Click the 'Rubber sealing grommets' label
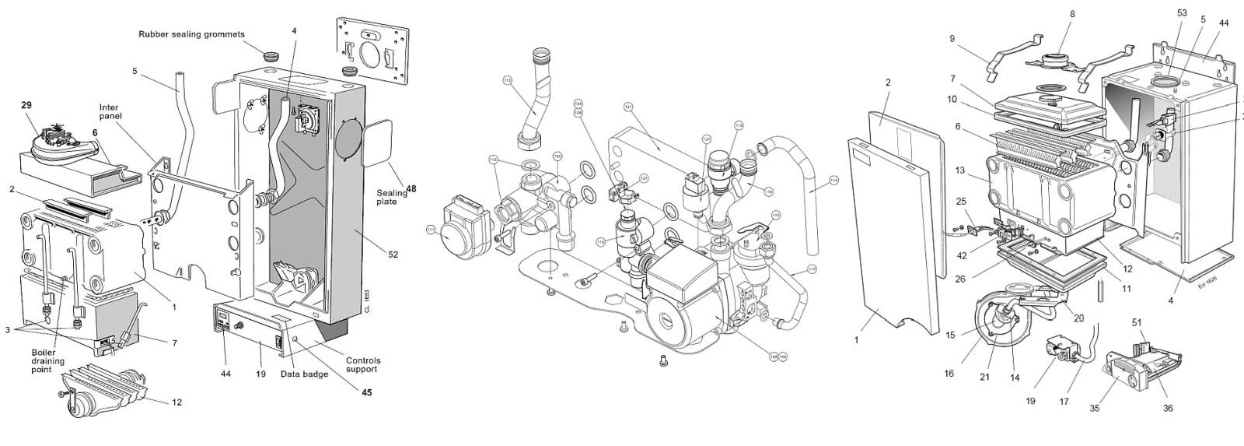click(x=191, y=34)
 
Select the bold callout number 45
click(x=365, y=392)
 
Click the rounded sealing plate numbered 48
click(x=378, y=145)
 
